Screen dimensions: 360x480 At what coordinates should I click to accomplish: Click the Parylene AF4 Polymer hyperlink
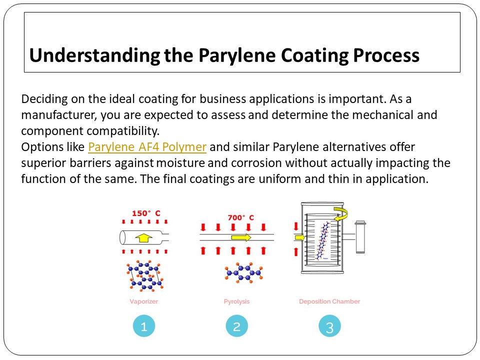tap(147, 147)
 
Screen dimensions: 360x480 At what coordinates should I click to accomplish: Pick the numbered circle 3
tap(329, 327)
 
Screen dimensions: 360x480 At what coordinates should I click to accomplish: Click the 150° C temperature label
tap(146, 213)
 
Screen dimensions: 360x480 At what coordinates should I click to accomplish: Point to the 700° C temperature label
tap(240, 217)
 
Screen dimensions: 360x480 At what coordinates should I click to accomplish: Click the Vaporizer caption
tap(143, 301)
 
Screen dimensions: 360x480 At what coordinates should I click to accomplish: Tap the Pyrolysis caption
tap(236, 301)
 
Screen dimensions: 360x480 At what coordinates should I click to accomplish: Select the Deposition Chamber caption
tap(329, 301)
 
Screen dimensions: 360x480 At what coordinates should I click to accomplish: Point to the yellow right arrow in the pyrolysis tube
tap(241, 237)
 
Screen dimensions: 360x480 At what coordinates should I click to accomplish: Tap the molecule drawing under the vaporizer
tap(144, 275)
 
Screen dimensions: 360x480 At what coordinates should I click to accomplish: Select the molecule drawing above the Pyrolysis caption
tap(242, 272)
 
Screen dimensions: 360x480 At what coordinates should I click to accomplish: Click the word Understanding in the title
tap(94, 55)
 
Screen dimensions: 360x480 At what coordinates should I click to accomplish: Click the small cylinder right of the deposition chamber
tap(360, 237)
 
